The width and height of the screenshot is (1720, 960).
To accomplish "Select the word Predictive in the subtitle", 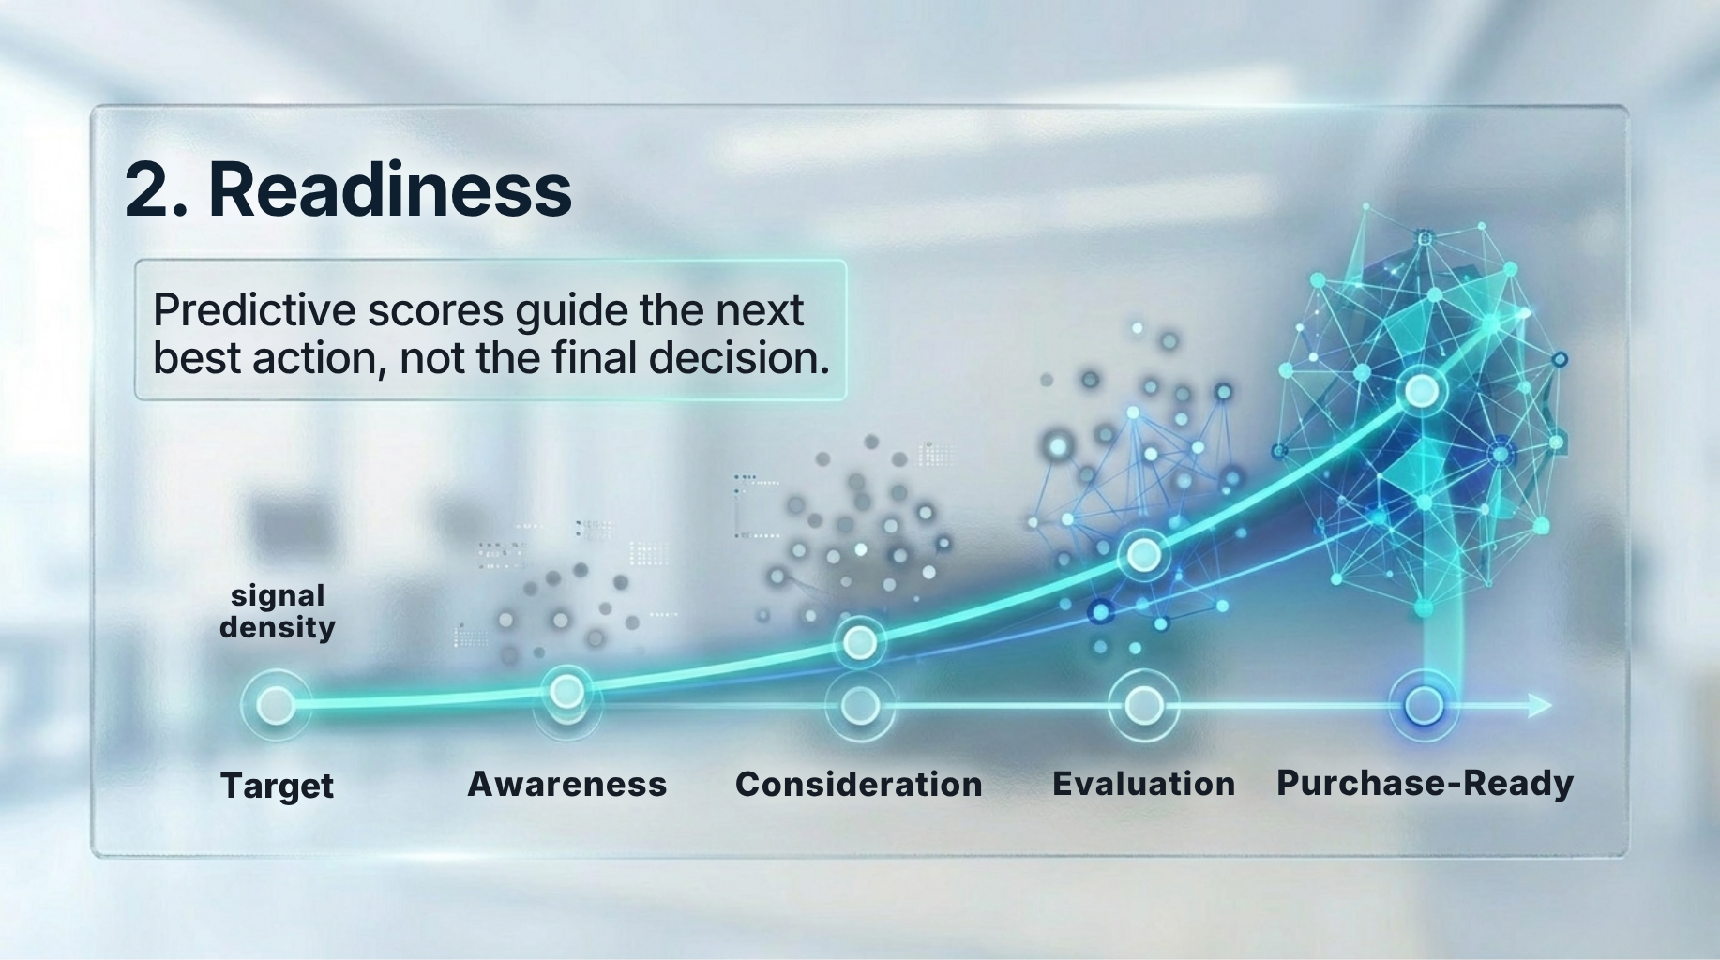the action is click(254, 310).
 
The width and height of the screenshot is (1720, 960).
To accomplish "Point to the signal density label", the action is click(278, 611).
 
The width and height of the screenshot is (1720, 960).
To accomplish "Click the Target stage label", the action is click(277, 786).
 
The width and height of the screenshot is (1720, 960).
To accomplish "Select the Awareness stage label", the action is click(567, 784).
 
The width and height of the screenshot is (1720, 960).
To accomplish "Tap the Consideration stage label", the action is click(859, 784).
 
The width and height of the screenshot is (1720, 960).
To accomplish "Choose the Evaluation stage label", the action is click(1144, 784).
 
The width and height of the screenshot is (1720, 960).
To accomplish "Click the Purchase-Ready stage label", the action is click(1425, 783).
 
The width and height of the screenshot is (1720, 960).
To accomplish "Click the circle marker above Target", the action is click(276, 704).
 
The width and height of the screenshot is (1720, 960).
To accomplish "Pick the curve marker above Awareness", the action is click(566, 692).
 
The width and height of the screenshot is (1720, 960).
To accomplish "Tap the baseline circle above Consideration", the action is click(860, 705).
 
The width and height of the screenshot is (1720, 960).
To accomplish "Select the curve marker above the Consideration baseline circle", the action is click(860, 642).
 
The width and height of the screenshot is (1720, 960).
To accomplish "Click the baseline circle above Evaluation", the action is click(1143, 705).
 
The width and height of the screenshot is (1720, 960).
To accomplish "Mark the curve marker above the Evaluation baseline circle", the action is click(1142, 556).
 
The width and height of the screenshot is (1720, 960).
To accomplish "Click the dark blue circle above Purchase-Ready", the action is click(1425, 705).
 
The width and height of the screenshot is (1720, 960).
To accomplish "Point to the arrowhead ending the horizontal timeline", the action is click(1540, 705).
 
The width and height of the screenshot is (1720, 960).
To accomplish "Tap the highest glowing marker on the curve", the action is click(1421, 390).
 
